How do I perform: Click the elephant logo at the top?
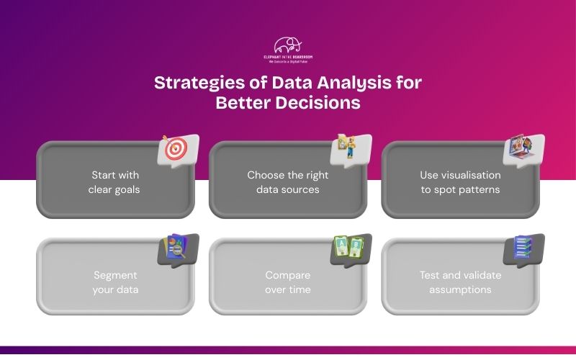pos(288,45)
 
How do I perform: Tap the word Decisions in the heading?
pos(318,102)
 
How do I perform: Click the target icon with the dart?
pos(176,149)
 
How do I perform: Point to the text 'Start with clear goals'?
pos(115,182)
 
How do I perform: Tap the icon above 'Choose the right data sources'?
pos(350,148)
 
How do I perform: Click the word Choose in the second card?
pos(266,175)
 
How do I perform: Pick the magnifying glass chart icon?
pos(176,248)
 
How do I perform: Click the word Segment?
pos(115,275)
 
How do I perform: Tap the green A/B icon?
pos(350,248)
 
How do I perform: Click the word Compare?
pos(288,275)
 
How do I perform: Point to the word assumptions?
pos(460,289)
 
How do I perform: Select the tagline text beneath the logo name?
pos(288,62)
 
